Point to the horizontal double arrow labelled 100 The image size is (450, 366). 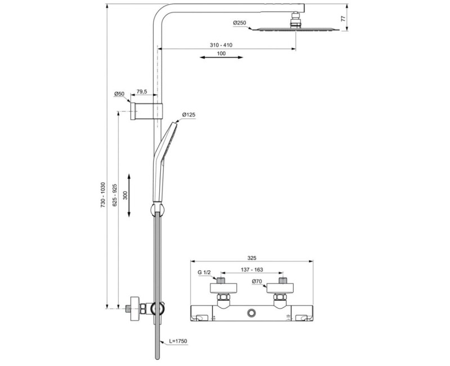(x=221, y=57)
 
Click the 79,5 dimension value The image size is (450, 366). (x=142, y=92)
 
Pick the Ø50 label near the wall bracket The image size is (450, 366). (x=119, y=94)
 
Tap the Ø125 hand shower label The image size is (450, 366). (x=188, y=115)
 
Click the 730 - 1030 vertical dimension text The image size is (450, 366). (x=103, y=195)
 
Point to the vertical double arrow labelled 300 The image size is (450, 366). (x=130, y=194)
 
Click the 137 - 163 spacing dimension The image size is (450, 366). (x=253, y=269)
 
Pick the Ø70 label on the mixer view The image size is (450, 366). (x=258, y=281)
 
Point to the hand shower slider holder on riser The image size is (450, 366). (x=155, y=209)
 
